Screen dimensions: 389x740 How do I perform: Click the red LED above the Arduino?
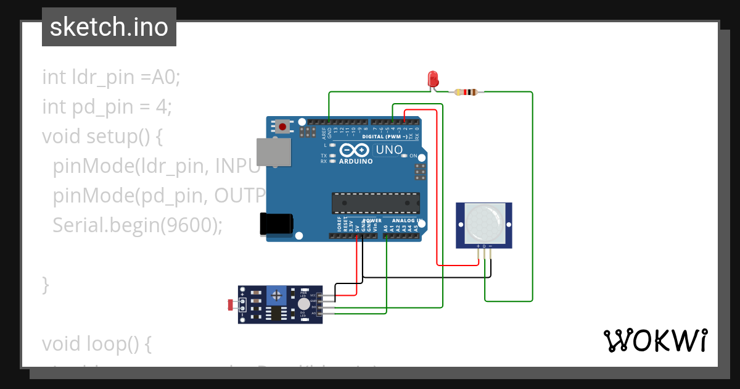click(433, 78)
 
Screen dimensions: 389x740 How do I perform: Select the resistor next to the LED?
click(466, 93)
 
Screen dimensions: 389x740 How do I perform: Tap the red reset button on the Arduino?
click(282, 127)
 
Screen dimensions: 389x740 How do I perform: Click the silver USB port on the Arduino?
click(273, 152)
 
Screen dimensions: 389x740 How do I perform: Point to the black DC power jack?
click(276, 224)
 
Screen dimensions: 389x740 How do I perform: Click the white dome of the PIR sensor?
click(484, 223)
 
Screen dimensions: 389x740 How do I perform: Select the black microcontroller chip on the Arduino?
click(376, 203)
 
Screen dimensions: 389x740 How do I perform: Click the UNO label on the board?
click(389, 149)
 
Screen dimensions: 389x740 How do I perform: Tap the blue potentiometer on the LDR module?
click(276, 296)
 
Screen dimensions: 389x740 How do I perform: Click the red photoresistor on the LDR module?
click(231, 304)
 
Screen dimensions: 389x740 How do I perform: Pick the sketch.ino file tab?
click(109, 27)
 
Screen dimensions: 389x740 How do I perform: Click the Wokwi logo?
click(655, 340)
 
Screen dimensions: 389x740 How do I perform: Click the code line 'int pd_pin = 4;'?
click(107, 107)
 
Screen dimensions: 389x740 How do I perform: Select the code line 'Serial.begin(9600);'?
click(137, 225)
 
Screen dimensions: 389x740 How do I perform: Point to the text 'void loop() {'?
click(96, 344)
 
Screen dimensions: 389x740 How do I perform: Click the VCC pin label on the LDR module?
click(313, 295)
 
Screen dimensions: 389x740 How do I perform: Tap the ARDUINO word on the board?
click(356, 161)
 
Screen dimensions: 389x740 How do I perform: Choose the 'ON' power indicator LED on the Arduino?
click(405, 156)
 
